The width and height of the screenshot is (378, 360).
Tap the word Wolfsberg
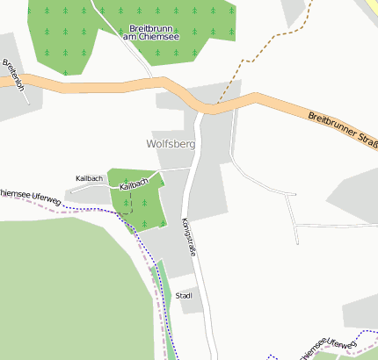pos(171,142)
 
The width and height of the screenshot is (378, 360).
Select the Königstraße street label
pos(186,236)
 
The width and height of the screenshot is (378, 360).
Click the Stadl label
pos(184,296)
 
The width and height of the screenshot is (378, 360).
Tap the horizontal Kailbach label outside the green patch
pos(89,178)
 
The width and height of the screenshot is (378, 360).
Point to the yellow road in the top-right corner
pos(367,7)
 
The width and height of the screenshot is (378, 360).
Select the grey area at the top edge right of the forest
pos(295,11)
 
